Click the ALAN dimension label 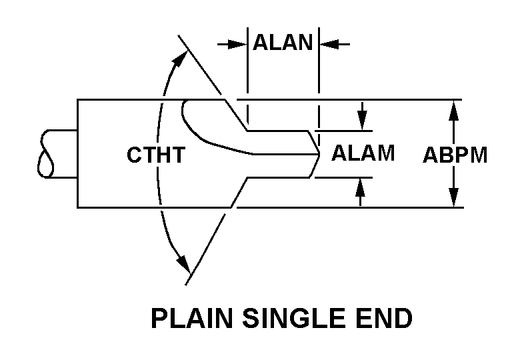pyautogui.click(x=283, y=42)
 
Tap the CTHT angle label pyautogui.click(x=156, y=155)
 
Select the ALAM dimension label pyautogui.click(x=363, y=153)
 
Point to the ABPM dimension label pyautogui.click(x=455, y=155)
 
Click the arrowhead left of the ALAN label pyautogui.click(x=237, y=44)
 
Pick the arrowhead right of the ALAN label pyautogui.click(x=329, y=44)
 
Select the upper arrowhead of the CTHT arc pyautogui.click(x=180, y=59)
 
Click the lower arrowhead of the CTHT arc pyautogui.click(x=183, y=264)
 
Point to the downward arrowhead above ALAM pyautogui.click(x=362, y=121)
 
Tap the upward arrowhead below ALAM pyautogui.click(x=360, y=187)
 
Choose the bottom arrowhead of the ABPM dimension pyautogui.click(x=453, y=197)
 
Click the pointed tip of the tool pyautogui.click(x=319, y=154)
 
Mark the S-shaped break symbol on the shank pyautogui.click(x=46, y=154)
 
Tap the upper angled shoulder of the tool pyautogui.click(x=236, y=115)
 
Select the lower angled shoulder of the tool pyautogui.click(x=239, y=193)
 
